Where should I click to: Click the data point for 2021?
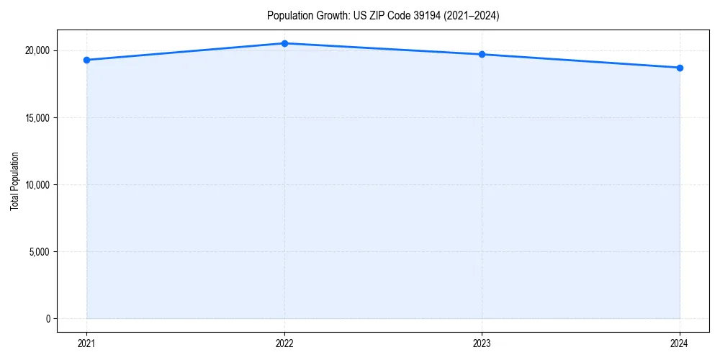(x=86, y=60)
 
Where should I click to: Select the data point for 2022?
(x=284, y=43)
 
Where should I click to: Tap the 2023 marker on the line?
(x=482, y=55)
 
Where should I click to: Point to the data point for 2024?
(x=680, y=68)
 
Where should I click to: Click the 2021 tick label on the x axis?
(x=86, y=343)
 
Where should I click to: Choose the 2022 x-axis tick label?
(x=284, y=343)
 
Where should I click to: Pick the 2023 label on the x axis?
(x=482, y=343)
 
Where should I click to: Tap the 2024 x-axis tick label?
(x=680, y=343)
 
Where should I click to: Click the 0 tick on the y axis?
(x=47, y=319)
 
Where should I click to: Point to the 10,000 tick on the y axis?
(x=37, y=185)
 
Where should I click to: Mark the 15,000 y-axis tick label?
(x=37, y=118)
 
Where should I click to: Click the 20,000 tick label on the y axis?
(x=37, y=51)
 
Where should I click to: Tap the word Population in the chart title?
(x=288, y=16)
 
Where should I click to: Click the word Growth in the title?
(x=330, y=16)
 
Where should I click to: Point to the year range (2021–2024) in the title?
(x=474, y=16)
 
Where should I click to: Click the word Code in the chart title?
(x=400, y=16)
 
